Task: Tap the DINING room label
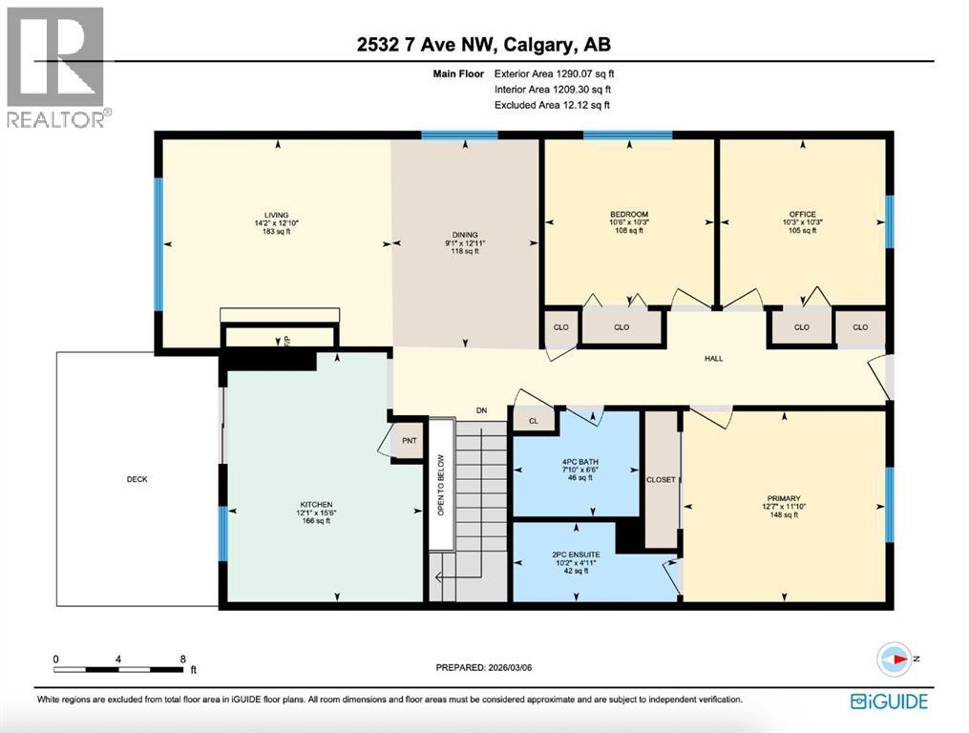click(465, 235)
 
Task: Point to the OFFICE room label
click(802, 214)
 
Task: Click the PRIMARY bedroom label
click(783, 497)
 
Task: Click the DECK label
click(137, 479)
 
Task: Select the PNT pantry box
click(409, 441)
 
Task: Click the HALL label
click(713, 359)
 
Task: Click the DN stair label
click(482, 410)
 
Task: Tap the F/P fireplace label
click(285, 339)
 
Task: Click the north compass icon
click(895, 658)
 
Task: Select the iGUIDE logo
click(888, 702)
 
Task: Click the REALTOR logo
click(55, 67)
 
